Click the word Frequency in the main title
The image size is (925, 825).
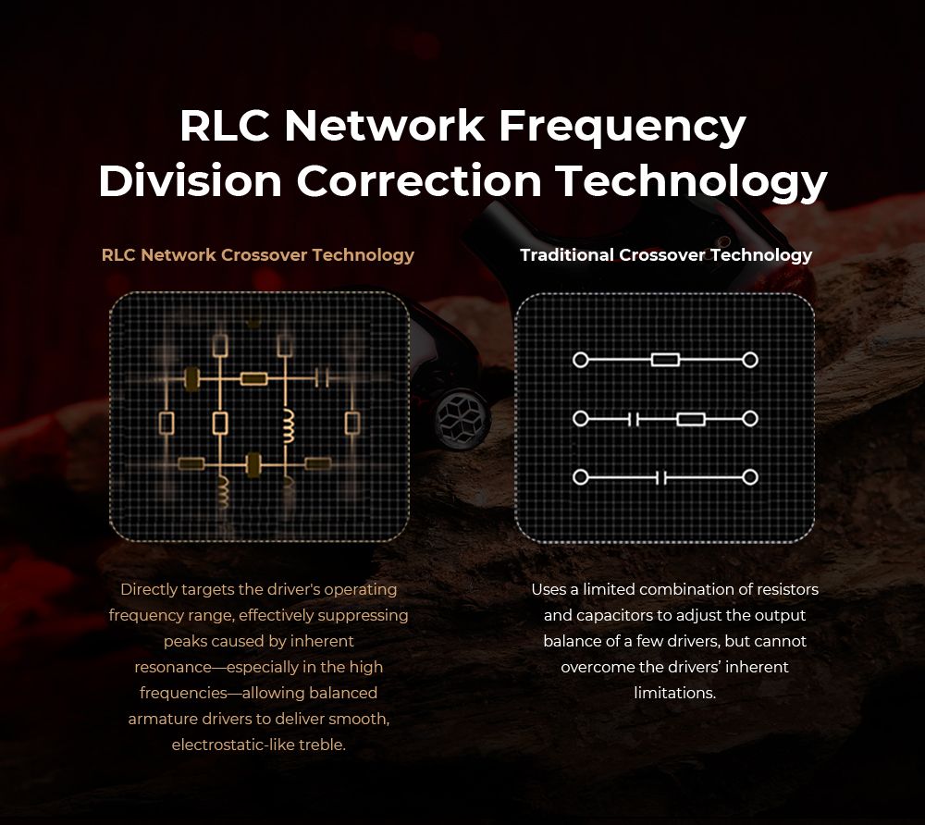623,127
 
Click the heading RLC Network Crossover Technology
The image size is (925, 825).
258,254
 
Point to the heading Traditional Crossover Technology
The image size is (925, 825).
666,254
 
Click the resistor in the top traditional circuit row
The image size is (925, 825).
665,359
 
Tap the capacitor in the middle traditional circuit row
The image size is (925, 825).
634,419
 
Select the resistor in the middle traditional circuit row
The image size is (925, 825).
690,419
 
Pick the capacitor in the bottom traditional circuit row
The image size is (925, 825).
660,478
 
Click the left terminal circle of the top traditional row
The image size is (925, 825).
580,359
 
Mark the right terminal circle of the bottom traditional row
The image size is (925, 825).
750,478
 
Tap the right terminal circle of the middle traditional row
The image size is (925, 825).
750,419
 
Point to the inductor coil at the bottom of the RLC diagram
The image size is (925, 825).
223,491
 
